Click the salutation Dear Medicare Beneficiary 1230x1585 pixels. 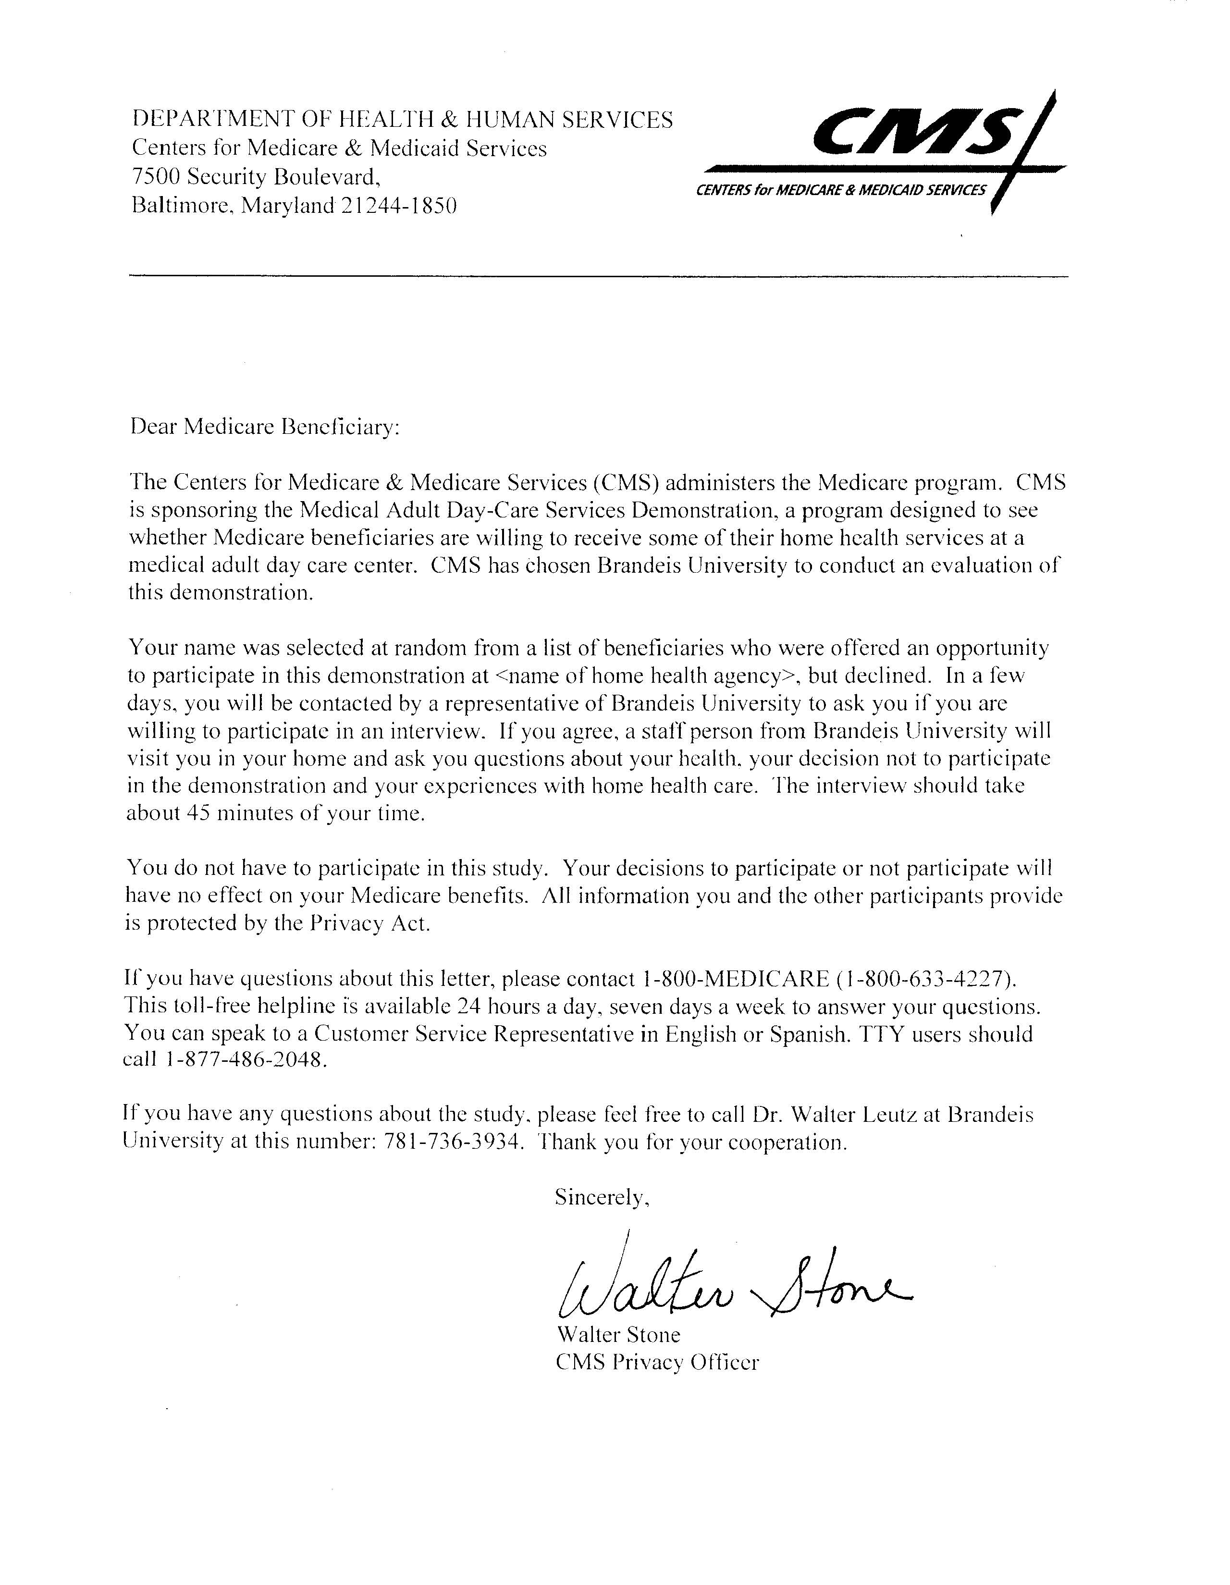point(265,427)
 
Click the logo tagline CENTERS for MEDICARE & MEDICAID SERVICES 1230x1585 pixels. point(840,191)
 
